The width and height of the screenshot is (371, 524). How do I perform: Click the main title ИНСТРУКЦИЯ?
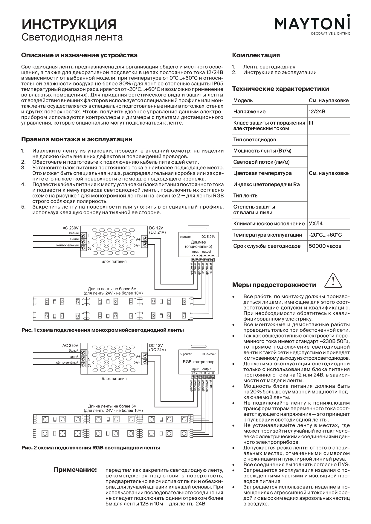coord(69,24)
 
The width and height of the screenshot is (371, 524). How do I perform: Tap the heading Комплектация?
coord(256,55)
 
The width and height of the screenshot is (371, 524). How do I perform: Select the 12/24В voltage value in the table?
coord(317,112)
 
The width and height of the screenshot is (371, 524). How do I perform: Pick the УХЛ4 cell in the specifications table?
coord(316,224)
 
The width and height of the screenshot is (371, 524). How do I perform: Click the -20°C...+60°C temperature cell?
coord(325,235)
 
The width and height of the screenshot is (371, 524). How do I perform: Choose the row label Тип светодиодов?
coord(255,140)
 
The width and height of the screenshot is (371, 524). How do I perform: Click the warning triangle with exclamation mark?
coord(333,281)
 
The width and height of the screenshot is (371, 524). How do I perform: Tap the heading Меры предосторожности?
coord(274,285)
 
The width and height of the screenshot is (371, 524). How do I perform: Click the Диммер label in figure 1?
coord(199,242)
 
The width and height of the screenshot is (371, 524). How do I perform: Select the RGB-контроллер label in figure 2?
coord(199,362)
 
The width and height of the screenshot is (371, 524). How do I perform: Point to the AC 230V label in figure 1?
coord(71,228)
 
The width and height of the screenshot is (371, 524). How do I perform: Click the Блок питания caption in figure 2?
coord(114,379)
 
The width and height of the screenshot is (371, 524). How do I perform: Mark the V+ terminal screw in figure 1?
coord(145,239)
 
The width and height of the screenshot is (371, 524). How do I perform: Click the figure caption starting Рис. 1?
coord(103,330)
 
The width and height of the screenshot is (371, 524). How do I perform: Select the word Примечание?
coord(75,470)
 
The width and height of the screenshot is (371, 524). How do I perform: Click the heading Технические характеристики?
coord(280,89)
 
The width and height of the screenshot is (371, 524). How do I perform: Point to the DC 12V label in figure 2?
coord(156,346)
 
